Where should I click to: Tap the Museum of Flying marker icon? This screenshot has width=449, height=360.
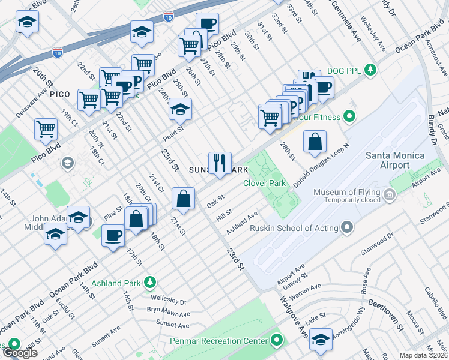pyautogui.click(x=390, y=194)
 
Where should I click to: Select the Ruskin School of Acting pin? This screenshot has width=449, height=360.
pyautogui.click(x=346, y=227)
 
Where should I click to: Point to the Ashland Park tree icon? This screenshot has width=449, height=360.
pyautogui.click(x=149, y=282)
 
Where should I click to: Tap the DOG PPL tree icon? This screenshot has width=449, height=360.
pyautogui.click(x=371, y=70)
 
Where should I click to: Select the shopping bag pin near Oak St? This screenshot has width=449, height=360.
pyautogui.click(x=183, y=199)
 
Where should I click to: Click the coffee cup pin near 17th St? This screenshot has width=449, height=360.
pyautogui.click(x=113, y=235)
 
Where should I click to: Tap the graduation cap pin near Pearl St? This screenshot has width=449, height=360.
pyautogui.click(x=179, y=110)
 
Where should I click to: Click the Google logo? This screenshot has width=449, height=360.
pyautogui.click(x=20, y=352)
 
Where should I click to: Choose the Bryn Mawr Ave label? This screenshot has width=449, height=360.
pyautogui.click(x=168, y=312)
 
